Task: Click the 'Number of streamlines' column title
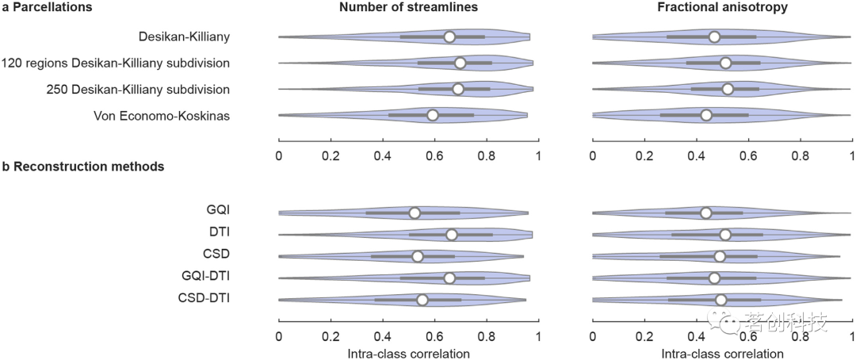pos(409,8)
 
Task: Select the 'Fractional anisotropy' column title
pos(722,8)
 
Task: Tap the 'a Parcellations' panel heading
pos(47,7)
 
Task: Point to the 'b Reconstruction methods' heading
pos(83,167)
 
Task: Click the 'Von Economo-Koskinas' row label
pos(162,116)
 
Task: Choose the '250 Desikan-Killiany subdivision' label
pos(138,89)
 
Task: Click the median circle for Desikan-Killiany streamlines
pos(449,36)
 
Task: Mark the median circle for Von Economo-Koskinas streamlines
pos(432,115)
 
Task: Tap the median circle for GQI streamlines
pos(415,213)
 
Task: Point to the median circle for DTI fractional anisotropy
pos(725,235)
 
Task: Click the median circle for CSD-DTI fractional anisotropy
pos(720,300)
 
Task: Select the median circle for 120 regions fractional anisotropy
pos(725,63)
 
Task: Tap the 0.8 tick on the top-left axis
pos(487,155)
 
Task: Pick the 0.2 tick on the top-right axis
pos(644,155)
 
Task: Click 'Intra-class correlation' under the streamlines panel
pos(409,353)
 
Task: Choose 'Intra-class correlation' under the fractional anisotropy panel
pos(722,353)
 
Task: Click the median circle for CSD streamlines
pos(418,256)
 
